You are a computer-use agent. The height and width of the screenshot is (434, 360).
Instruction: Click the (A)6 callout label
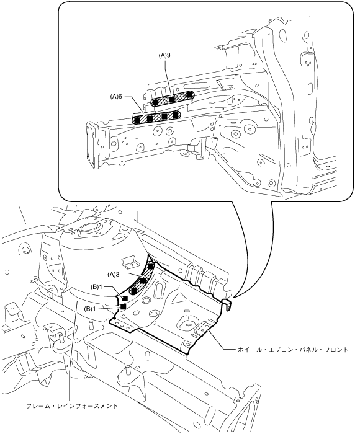pyautogui.click(x=116, y=97)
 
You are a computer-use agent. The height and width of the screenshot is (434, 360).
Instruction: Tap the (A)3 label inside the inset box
pyautogui.click(x=164, y=55)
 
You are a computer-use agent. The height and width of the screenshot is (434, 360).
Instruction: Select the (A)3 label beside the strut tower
pyautogui.click(x=114, y=274)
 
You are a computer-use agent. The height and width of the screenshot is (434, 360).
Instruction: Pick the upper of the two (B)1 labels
pyautogui.click(x=97, y=286)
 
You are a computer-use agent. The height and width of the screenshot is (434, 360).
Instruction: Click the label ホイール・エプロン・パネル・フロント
pyautogui.click(x=293, y=350)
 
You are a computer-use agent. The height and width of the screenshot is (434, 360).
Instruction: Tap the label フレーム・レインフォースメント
pyautogui.click(x=72, y=406)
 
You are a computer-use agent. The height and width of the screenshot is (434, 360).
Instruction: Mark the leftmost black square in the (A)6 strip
pyautogui.click(x=137, y=120)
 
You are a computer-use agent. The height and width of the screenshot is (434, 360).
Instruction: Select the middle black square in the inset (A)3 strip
pyautogui.click(x=172, y=99)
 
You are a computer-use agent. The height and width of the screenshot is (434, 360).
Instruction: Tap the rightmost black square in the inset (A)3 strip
pyautogui.click(x=189, y=95)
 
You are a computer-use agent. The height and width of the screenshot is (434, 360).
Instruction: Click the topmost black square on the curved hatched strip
pyautogui.click(x=150, y=266)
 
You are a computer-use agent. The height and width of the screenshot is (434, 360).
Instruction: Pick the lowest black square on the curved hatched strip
pyautogui.click(x=134, y=291)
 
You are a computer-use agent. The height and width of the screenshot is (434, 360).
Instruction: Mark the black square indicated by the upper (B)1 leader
pyautogui.click(x=125, y=298)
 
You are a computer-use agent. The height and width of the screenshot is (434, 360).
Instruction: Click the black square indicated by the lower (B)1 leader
pyautogui.click(x=124, y=306)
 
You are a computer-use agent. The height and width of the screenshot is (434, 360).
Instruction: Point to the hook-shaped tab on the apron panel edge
pyautogui.click(x=228, y=304)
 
